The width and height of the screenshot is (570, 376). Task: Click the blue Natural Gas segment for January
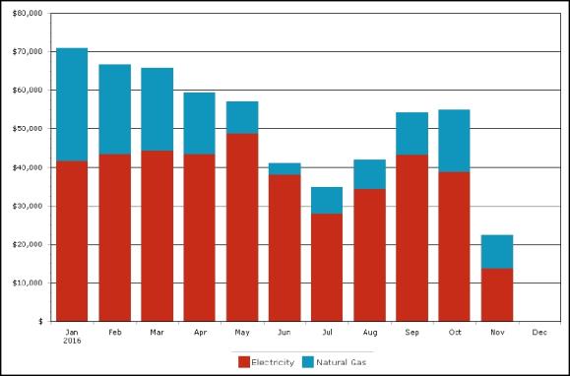click(72, 104)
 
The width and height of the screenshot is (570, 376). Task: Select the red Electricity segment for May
click(242, 227)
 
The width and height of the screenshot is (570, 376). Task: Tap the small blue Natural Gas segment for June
click(285, 169)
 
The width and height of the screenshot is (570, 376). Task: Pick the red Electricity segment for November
click(497, 295)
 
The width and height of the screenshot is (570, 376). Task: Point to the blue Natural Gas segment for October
click(454, 141)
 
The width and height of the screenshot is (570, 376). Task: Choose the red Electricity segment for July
click(327, 268)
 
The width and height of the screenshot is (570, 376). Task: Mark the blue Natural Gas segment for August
click(370, 174)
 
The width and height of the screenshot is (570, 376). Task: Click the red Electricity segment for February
click(115, 238)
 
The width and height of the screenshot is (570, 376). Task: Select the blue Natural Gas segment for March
click(158, 109)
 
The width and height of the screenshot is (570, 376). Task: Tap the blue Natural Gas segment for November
click(497, 252)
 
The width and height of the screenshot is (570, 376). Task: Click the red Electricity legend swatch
click(244, 362)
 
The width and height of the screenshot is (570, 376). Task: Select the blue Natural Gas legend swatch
click(307, 362)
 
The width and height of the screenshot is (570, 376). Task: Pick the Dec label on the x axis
click(539, 333)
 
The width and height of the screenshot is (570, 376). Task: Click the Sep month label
click(412, 333)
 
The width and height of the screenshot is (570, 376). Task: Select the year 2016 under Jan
click(72, 342)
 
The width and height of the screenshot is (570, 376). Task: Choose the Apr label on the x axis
click(200, 333)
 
